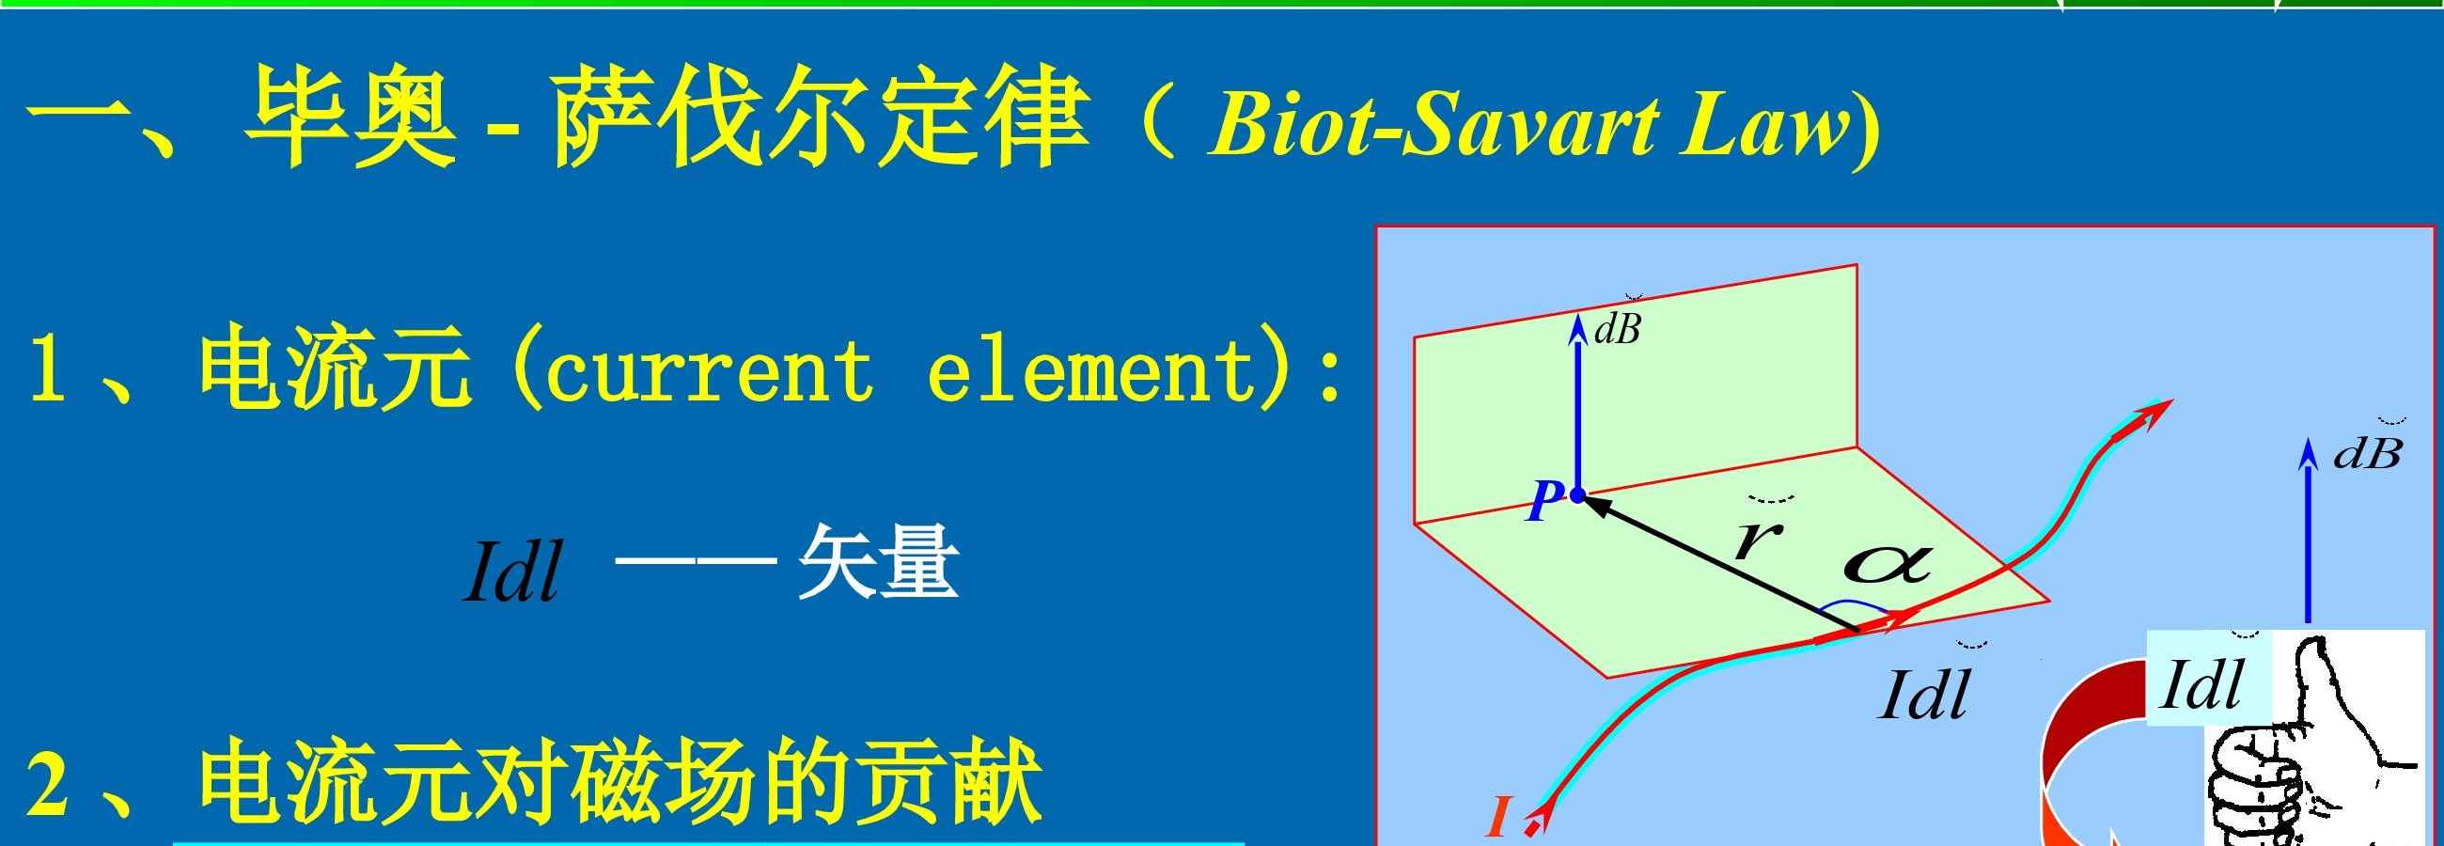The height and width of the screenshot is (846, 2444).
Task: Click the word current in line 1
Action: click(x=708, y=372)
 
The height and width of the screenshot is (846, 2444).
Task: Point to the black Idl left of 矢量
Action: click(x=512, y=571)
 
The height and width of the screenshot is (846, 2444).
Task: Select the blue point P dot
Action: click(x=1577, y=494)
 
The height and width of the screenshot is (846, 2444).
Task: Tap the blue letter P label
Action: click(x=1545, y=501)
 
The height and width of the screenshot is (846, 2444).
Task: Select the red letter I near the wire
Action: click(x=1500, y=816)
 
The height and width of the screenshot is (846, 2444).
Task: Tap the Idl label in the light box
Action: click(x=2202, y=683)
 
